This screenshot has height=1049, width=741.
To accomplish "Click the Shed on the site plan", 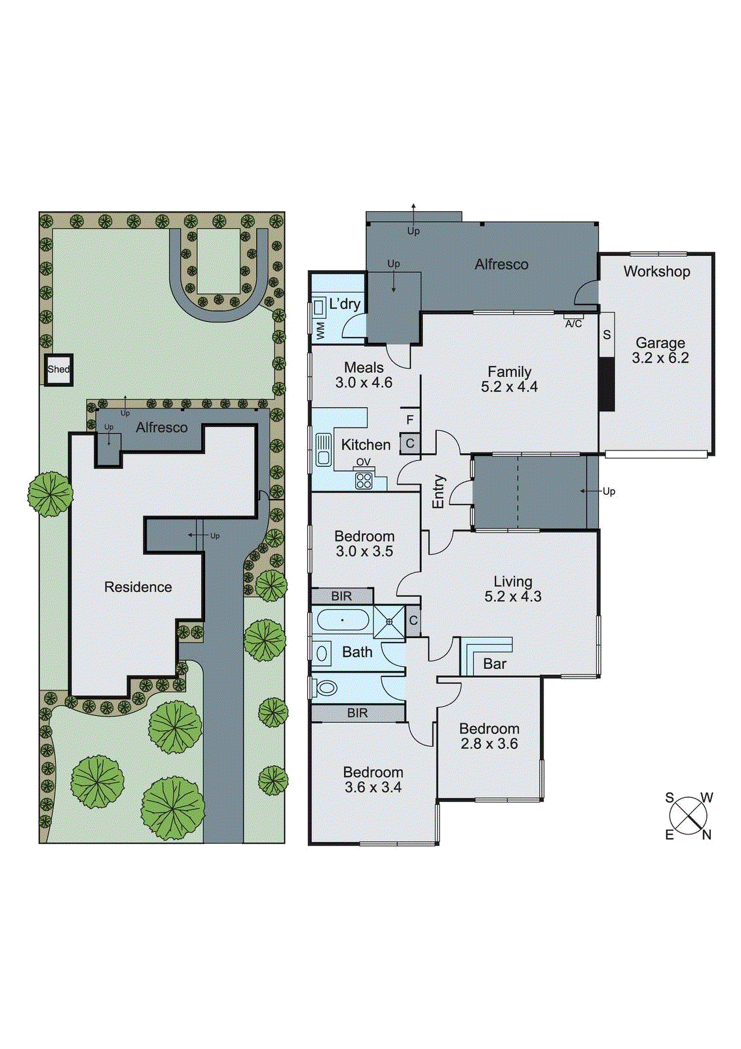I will coord(58,370).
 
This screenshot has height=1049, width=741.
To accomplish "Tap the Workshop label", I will coord(656,271).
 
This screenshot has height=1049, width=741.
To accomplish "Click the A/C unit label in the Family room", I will coord(573,323).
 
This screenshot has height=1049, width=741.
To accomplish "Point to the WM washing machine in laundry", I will coord(320,331).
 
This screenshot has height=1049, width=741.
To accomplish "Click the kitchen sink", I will coord(323,450).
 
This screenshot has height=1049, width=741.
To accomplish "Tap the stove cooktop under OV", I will coord(364,481).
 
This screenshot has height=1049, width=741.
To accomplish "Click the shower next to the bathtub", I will coord(389,622).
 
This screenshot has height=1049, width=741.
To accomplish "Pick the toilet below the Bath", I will coord(326,688).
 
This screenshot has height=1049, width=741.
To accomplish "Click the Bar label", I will coord(495,664).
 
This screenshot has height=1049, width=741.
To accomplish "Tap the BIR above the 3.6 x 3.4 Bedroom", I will coord(358,713).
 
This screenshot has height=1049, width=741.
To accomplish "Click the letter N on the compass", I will coord(706,835).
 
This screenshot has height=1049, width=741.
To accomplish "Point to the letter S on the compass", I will coord(669,798).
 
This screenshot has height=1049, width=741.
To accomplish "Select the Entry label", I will coord(438,492).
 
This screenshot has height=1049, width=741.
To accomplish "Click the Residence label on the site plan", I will coord(138,587).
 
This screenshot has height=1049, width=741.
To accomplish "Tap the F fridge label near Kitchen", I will coord(410,420).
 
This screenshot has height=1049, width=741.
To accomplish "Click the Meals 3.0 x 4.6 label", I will coord(364,375).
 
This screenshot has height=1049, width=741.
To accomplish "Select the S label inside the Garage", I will coord(607,335).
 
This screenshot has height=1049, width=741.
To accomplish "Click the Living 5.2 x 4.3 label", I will coord(513,589).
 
